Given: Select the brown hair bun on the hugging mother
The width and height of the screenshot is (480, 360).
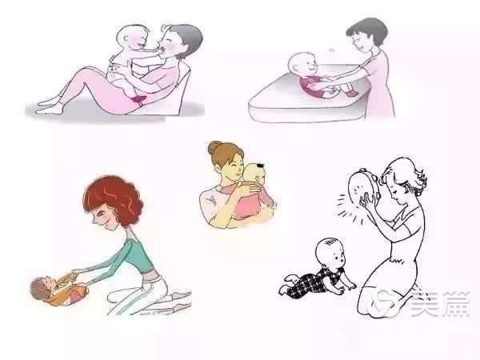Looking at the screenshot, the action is (x=214, y=147).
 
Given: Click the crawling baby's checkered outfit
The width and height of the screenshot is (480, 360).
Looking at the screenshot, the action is (x=312, y=281).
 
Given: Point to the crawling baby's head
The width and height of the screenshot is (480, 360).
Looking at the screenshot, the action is (x=331, y=254).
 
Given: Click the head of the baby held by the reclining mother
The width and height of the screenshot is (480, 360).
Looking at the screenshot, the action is (x=132, y=38).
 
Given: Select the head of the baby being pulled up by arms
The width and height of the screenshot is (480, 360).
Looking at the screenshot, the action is (x=41, y=288).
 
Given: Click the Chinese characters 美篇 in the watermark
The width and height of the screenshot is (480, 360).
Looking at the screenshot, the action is (x=440, y=304).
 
